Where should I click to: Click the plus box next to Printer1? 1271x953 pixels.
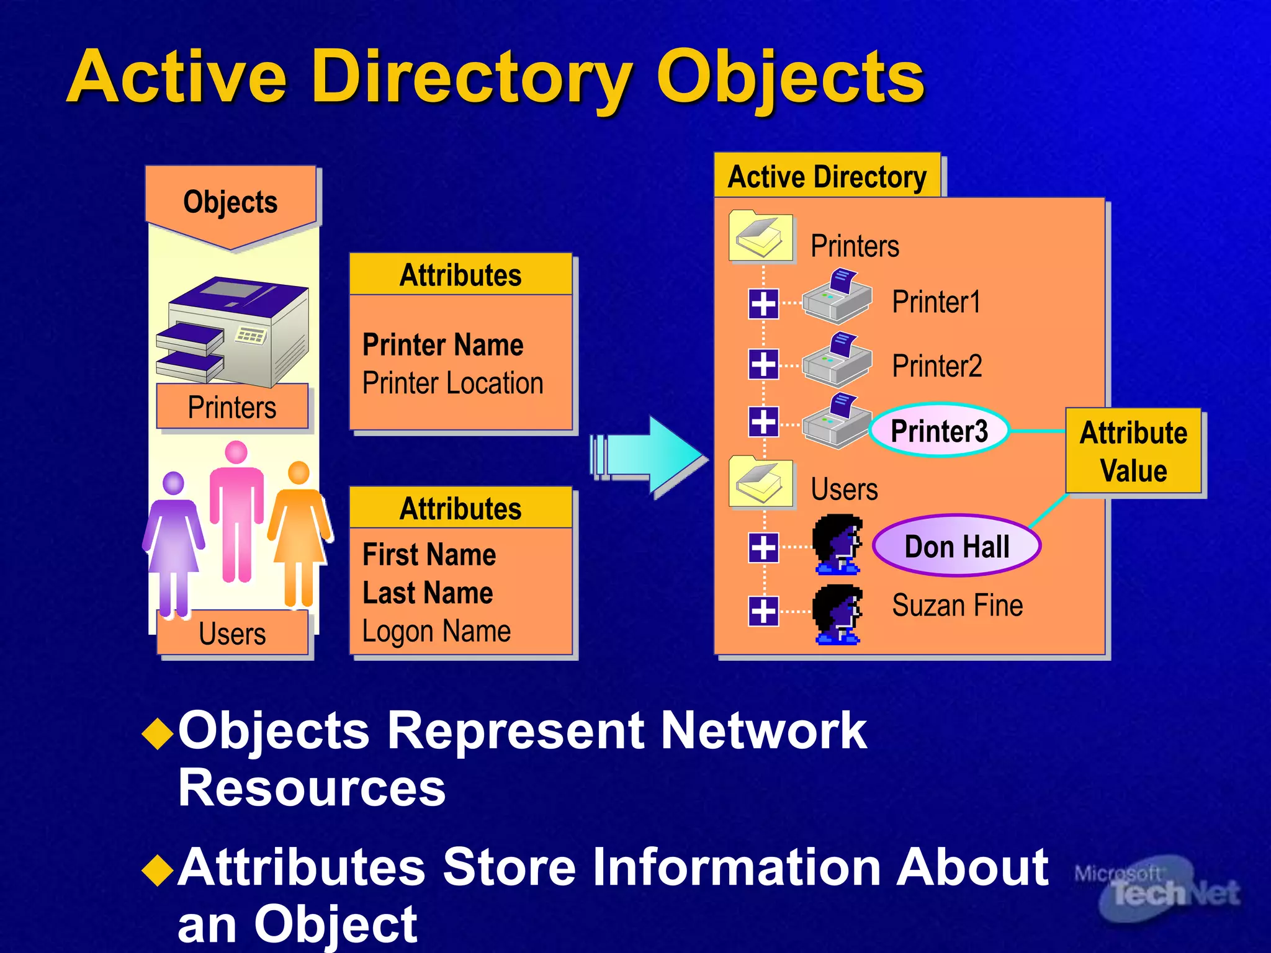(763, 304)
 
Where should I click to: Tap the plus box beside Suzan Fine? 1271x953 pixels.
(763, 611)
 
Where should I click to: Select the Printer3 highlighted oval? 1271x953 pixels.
(938, 431)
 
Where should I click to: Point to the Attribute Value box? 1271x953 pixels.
(1133, 451)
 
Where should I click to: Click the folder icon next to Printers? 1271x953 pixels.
(761, 237)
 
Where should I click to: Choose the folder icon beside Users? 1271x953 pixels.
(761, 483)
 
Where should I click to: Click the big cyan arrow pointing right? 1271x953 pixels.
(652, 457)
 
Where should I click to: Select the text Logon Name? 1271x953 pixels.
(436, 632)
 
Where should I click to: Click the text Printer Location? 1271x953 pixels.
(452, 383)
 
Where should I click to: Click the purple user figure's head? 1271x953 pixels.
(173, 483)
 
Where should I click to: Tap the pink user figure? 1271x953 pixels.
(236, 509)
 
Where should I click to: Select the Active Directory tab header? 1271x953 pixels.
(827, 177)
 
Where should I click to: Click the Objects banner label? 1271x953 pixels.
(230, 202)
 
